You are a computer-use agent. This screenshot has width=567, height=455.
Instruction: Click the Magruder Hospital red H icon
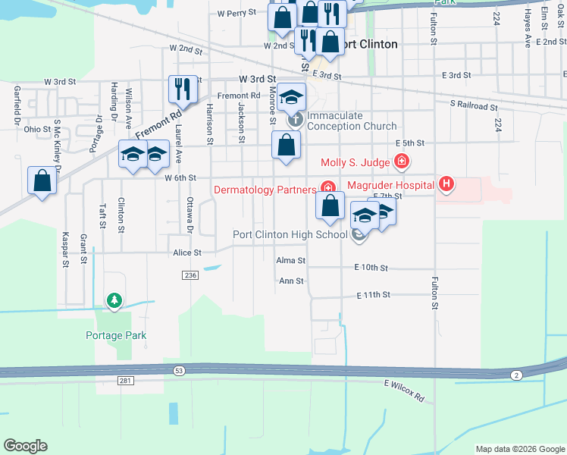(x=447, y=184)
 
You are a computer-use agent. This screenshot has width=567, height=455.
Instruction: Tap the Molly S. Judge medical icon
(x=401, y=162)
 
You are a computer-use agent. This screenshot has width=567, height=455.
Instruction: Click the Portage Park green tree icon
(x=114, y=301)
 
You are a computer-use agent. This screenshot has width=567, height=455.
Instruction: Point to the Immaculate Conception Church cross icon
(x=294, y=119)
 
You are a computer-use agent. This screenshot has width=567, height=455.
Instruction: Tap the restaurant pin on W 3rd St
(x=183, y=89)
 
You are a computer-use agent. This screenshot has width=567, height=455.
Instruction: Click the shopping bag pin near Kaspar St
(x=42, y=180)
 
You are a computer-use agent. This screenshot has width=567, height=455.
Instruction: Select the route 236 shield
(x=190, y=275)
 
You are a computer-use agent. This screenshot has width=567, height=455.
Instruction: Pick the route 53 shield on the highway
(x=179, y=370)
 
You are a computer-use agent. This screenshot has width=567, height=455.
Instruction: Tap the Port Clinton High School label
(x=290, y=234)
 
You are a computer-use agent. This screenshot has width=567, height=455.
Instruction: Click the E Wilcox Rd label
(x=404, y=391)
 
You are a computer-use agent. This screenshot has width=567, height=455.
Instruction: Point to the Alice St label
(x=187, y=253)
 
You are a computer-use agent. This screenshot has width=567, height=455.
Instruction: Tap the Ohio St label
(x=36, y=129)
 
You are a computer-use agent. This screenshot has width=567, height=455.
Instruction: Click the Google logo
(x=25, y=445)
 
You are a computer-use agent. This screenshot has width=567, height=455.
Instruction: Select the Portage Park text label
(x=115, y=335)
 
